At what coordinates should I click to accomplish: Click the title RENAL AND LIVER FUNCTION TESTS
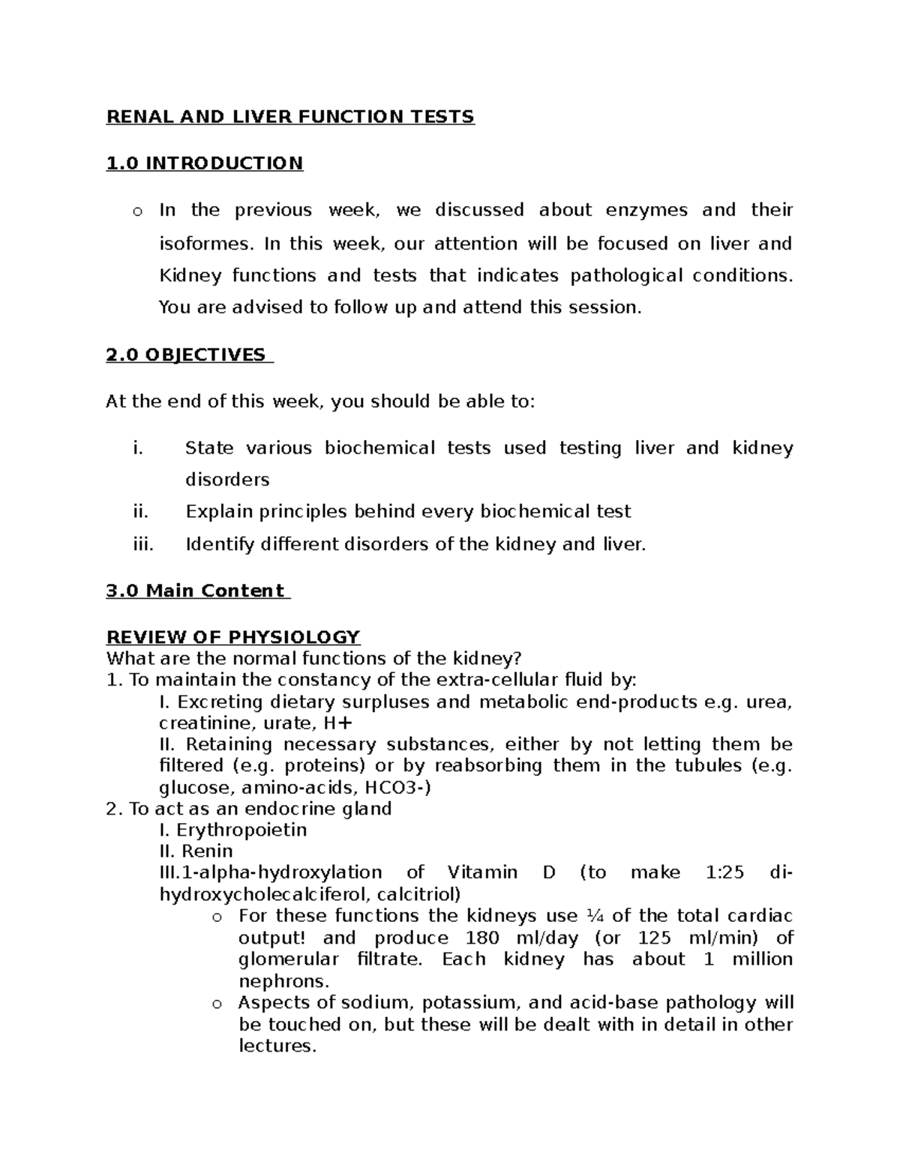coord(290,117)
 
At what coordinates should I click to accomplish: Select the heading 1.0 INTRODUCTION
coord(205,163)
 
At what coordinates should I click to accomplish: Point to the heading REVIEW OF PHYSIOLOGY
coord(233,637)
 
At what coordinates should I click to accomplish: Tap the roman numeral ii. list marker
coord(140,512)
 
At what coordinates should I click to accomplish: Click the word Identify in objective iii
coord(220,544)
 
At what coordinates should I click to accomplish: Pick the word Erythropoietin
coord(241,830)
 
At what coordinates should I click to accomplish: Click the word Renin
coord(207,851)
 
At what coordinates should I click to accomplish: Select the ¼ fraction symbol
coord(594,916)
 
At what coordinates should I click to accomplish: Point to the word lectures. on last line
coord(277,1046)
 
